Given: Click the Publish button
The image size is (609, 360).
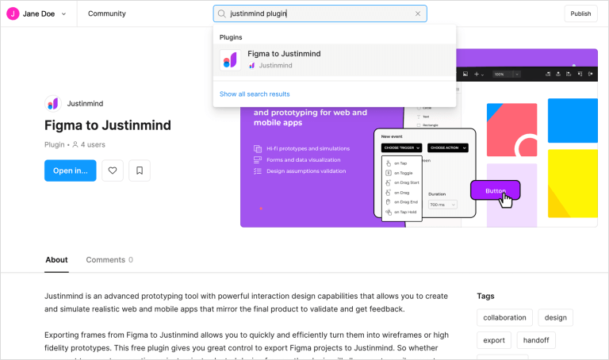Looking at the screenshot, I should [x=580, y=13].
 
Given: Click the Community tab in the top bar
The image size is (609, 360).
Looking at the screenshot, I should [x=106, y=13].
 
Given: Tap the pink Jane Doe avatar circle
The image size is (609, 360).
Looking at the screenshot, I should [x=13, y=13].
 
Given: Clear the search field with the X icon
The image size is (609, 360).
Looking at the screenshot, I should [x=418, y=13].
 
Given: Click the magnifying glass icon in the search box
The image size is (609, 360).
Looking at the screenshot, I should [x=221, y=13].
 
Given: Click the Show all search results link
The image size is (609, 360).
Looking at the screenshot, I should [x=255, y=94].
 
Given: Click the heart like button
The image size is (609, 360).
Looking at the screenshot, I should [x=113, y=170].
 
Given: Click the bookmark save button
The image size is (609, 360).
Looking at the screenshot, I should [x=140, y=170].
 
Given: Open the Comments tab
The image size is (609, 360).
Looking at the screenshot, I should [x=109, y=259].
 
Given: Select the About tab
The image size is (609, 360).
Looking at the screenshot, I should [x=56, y=259].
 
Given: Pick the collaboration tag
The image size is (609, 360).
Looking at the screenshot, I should [x=504, y=318].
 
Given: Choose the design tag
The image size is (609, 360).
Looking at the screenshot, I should [x=555, y=318].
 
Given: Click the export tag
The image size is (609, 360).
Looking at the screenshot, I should [x=493, y=341].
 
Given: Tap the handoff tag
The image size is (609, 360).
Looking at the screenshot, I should [x=536, y=341].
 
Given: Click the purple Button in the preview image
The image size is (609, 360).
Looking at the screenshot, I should [x=495, y=190].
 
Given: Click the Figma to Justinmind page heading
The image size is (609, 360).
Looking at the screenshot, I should [x=108, y=125].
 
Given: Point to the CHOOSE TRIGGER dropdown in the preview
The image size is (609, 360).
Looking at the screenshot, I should [x=402, y=147].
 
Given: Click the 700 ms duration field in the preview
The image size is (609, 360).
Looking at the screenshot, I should [x=442, y=205].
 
